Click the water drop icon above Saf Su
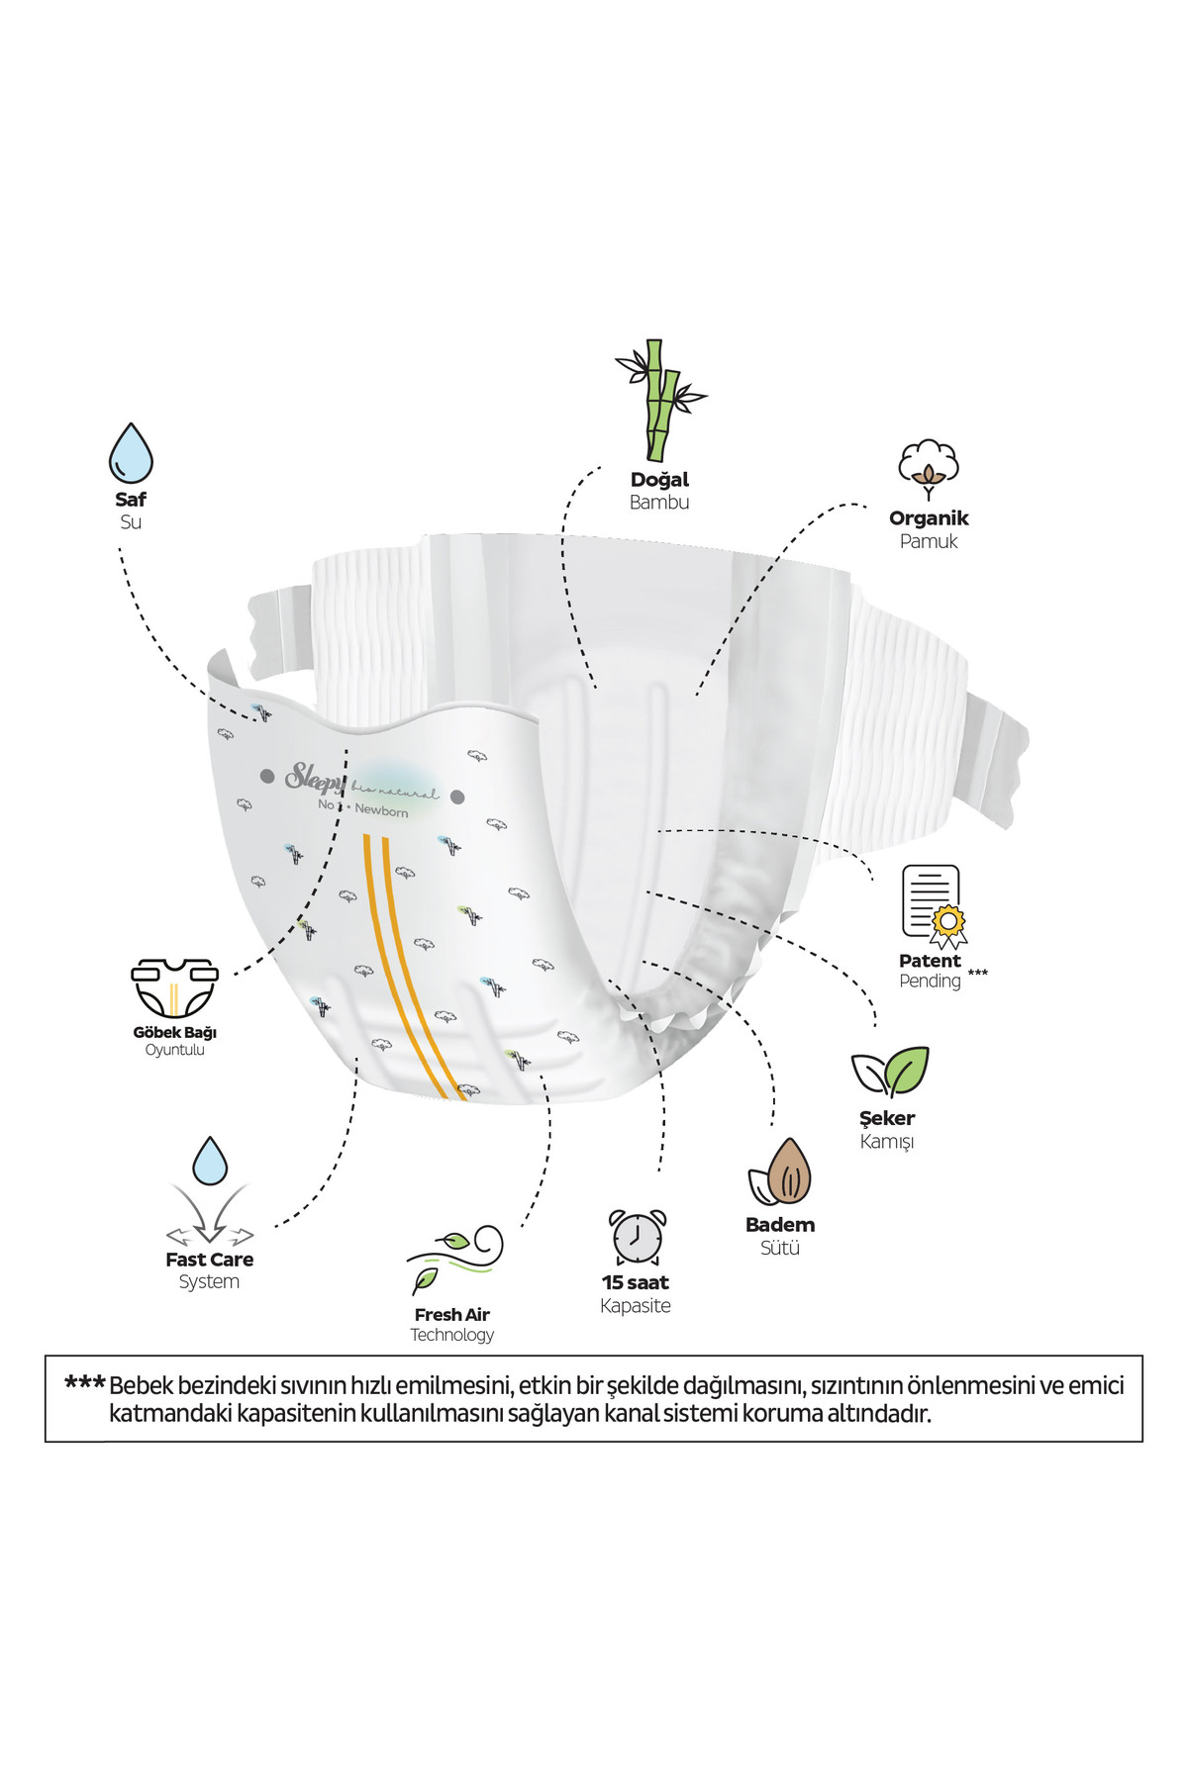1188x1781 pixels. pyautogui.click(x=131, y=453)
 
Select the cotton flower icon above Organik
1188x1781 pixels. pyautogui.click(x=929, y=469)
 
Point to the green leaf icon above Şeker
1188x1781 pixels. pyautogui.click(x=891, y=1072)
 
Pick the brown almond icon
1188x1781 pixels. pyautogui.click(x=781, y=1173)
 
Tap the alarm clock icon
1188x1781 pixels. pyautogui.click(x=637, y=1237)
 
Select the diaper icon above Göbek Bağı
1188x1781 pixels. pyautogui.click(x=175, y=987)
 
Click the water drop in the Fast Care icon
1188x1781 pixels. pyautogui.click(x=210, y=1161)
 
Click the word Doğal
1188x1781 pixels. pyautogui.click(x=659, y=480)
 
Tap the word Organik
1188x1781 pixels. pyautogui.click(x=929, y=518)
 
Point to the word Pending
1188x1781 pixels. pyautogui.click(x=930, y=982)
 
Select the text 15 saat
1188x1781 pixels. pyautogui.click(x=636, y=1282)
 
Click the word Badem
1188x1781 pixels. pyautogui.click(x=780, y=1225)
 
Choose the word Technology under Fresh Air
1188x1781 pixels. pyautogui.click(x=452, y=1335)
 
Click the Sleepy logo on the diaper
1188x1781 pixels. pyautogui.click(x=315, y=777)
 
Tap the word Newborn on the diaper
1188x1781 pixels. pyautogui.click(x=381, y=810)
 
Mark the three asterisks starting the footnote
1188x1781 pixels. pyautogui.click(x=84, y=1384)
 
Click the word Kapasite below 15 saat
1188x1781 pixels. pyautogui.click(x=636, y=1306)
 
